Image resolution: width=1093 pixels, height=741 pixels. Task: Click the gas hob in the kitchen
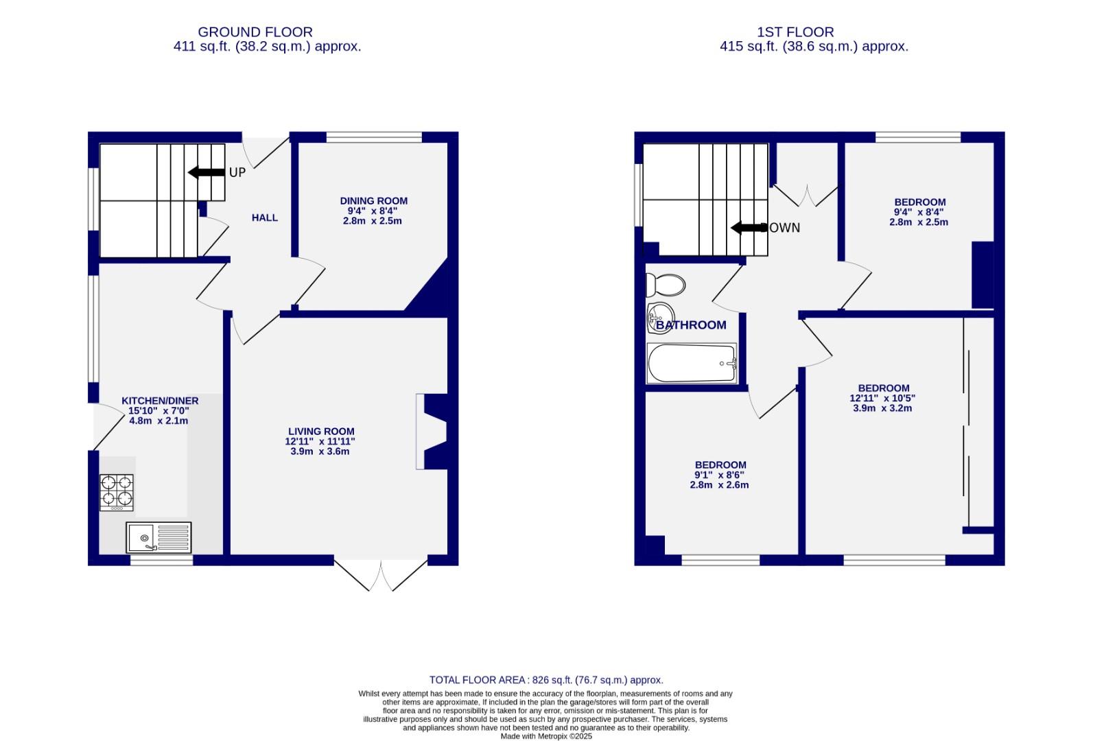coord(117,492)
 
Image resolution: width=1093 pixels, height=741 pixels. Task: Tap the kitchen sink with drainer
coord(158,537)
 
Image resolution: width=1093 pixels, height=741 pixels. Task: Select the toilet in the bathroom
coord(666,284)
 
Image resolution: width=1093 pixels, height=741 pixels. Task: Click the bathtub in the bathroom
coord(692,363)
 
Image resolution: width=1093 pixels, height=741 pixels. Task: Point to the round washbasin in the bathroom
coord(661,316)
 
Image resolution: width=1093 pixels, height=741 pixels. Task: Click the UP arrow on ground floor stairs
coord(207,172)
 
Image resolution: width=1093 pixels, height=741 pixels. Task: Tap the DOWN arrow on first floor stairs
coord(749,228)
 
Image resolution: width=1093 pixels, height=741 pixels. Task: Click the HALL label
coord(265,217)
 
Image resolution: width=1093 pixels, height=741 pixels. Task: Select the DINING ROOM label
coord(373,201)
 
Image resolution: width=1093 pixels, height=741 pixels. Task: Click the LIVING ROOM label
coord(320,432)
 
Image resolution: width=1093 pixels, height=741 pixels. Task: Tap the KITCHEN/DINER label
coord(160,401)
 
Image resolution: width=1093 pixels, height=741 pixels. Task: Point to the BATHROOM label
coord(692,325)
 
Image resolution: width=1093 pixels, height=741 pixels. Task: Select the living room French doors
coord(381,575)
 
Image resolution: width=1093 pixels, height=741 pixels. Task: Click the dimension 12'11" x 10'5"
coord(882,398)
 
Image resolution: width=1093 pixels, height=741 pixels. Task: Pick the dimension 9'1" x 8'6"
coord(719,475)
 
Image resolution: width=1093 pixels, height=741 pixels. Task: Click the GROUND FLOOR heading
coord(255,32)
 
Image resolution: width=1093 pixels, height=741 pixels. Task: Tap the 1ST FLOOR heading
coord(795,32)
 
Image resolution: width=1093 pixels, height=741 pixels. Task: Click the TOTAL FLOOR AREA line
coord(546,680)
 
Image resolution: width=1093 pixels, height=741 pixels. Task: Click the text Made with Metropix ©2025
coord(546,736)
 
